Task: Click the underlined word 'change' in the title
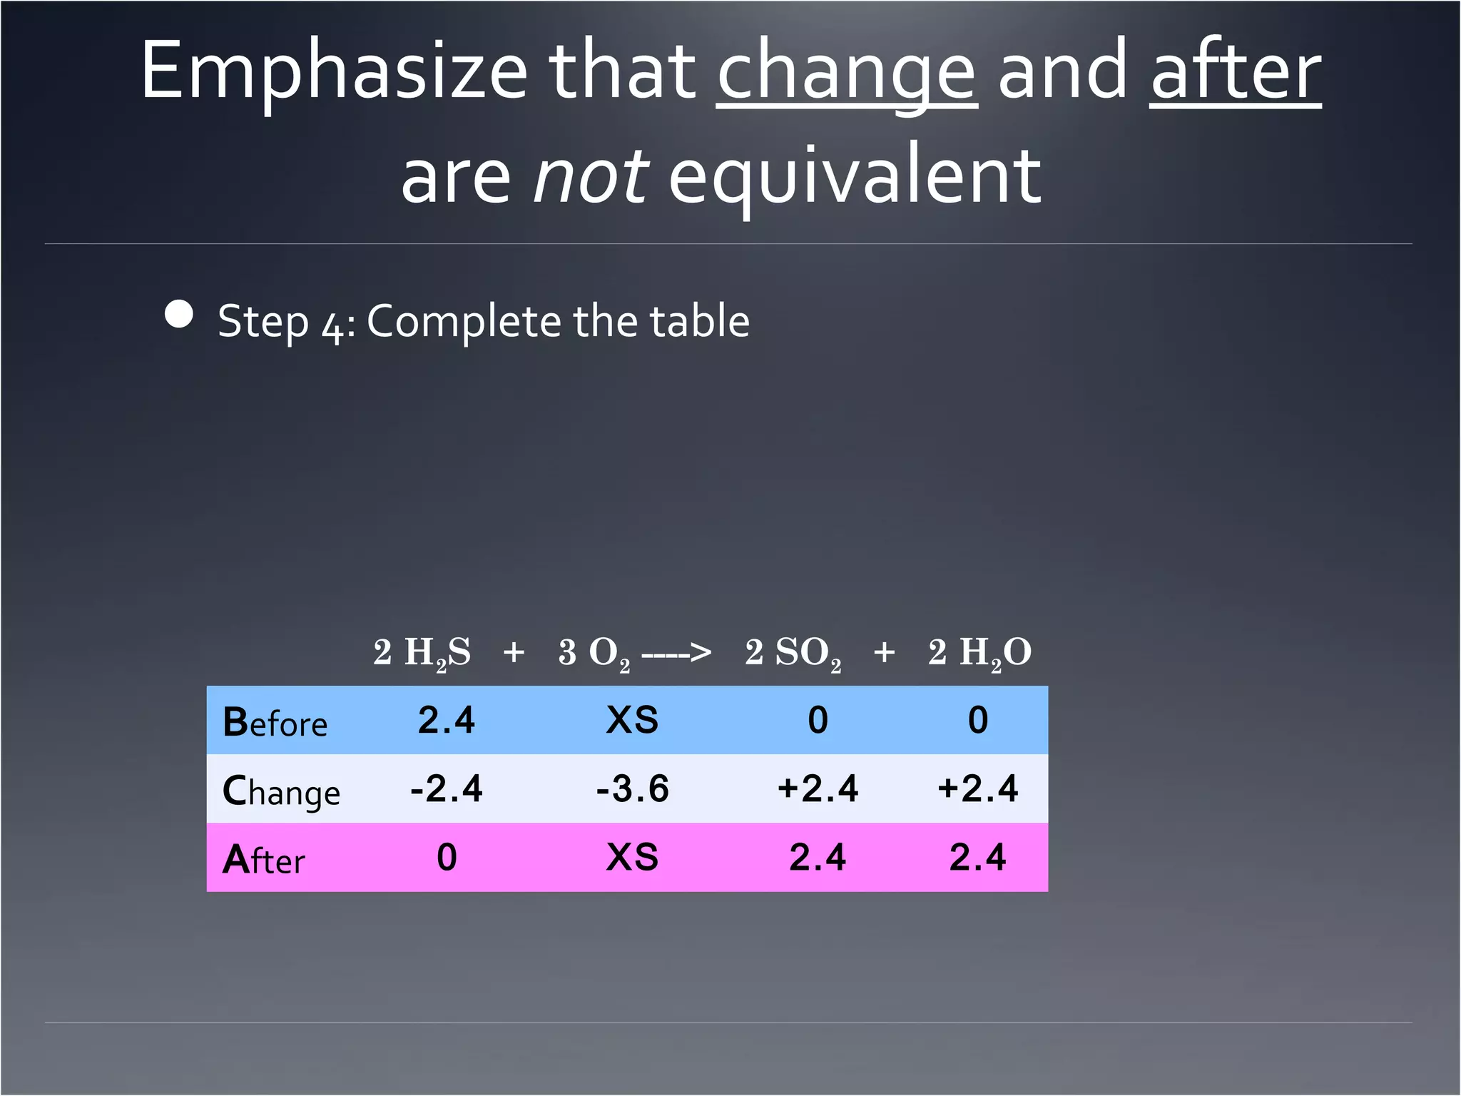pyautogui.click(x=847, y=71)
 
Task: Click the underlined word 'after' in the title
pyautogui.click(x=1236, y=71)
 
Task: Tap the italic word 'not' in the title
pyautogui.click(x=591, y=176)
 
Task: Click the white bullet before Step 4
pyautogui.click(x=178, y=315)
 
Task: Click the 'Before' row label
pyautogui.click(x=275, y=721)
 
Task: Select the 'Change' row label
pyautogui.click(x=281, y=791)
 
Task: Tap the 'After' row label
pyautogui.click(x=263, y=859)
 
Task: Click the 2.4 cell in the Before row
pyautogui.click(x=447, y=720)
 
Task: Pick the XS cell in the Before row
pyautogui.click(x=632, y=720)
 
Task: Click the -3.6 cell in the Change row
pyautogui.click(x=633, y=788)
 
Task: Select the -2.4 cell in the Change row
pyautogui.click(x=447, y=788)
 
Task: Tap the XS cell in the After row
pyautogui.click(x=632, y=857)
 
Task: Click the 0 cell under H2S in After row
pyautogui.click(x=447, y=857)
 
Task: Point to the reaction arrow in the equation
pyautogui.click(x=676, y=652)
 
